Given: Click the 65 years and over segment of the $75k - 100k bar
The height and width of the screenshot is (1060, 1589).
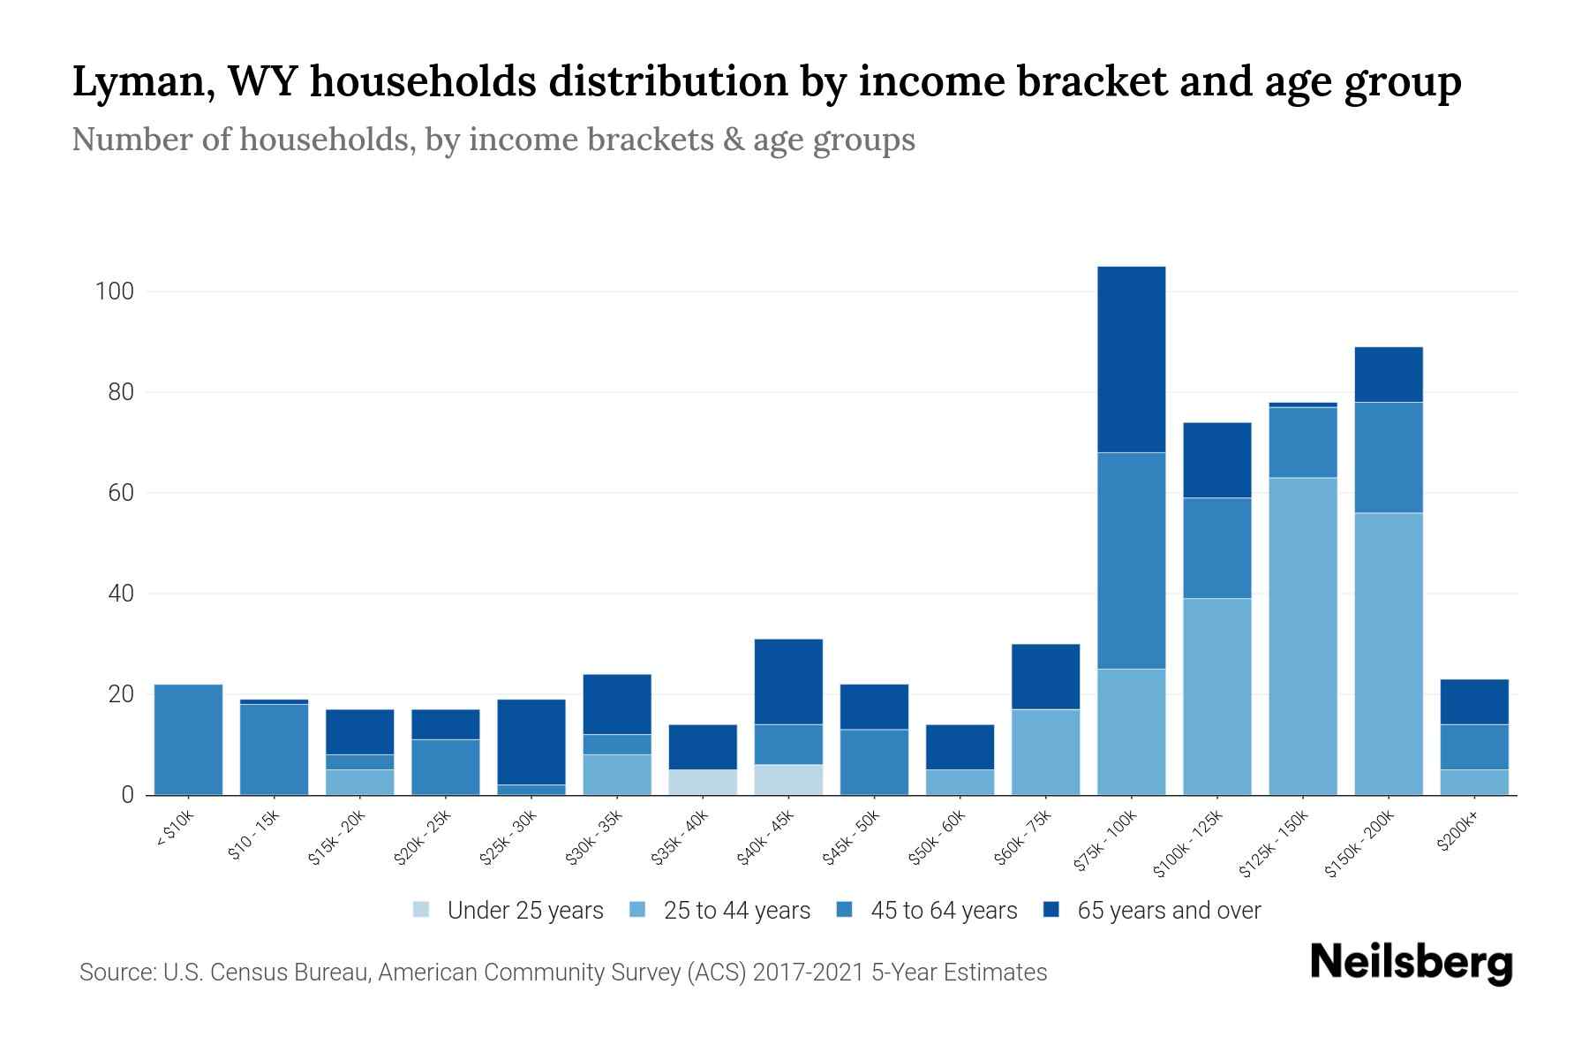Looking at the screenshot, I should (1131, 360).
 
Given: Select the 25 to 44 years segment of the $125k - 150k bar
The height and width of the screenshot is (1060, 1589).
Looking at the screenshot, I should (1302, 636).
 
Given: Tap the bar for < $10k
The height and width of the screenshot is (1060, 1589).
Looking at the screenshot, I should (188, 739).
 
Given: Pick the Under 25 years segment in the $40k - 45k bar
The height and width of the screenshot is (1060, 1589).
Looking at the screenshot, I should (788, 779).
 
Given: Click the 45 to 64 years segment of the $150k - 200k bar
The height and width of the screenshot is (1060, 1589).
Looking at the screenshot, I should (1388, 458).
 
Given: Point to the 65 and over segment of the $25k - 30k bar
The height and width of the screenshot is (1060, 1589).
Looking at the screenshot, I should (531, 742).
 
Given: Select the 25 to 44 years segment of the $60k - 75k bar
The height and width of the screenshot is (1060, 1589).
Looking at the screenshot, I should (1045, 752).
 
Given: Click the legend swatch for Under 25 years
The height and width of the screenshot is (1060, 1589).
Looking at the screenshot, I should (422, 910).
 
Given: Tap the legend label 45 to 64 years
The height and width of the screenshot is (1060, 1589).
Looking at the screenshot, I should (943, 910).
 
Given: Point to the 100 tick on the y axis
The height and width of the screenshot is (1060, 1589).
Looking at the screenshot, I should (114, 291).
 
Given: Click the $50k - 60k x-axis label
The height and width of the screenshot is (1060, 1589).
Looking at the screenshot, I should (938, 838).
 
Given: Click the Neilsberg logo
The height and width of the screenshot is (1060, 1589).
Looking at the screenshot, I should (1411, 963).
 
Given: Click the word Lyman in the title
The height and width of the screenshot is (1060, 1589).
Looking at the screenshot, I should (140, 82).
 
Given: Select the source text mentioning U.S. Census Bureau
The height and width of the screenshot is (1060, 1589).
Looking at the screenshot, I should (562, 973).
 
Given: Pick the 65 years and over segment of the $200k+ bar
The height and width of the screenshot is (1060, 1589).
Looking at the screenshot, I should (1473, 701).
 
